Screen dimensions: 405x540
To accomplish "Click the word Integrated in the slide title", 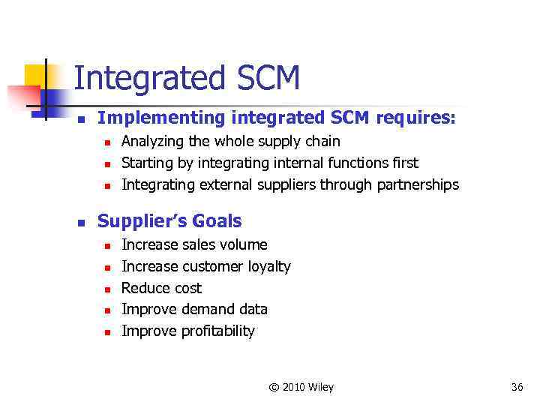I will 146,79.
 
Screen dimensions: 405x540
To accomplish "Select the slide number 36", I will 517,387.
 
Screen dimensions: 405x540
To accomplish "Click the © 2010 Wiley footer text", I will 301,387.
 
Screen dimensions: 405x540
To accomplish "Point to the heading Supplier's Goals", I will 169,220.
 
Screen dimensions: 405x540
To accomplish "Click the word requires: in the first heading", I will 415,118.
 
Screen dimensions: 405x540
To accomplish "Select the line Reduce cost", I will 161,288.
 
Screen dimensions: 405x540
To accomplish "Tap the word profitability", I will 218,331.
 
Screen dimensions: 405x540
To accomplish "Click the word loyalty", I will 268,266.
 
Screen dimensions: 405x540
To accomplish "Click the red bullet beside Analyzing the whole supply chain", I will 107,142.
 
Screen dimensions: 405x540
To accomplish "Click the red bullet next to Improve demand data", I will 107,310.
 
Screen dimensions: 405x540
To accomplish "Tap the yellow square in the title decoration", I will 35,78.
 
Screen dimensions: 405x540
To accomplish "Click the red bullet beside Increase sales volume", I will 107,245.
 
